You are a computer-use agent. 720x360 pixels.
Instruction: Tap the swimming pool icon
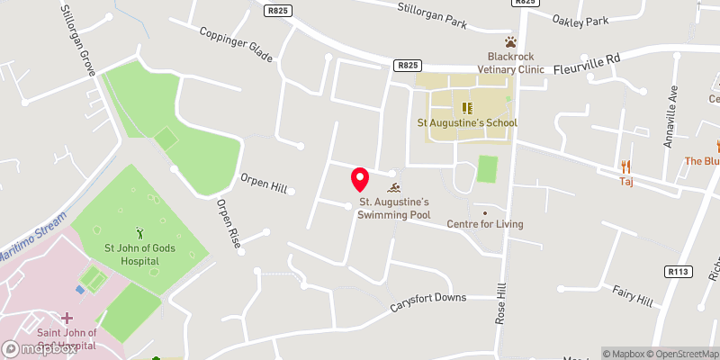pyautogui.click(x=394, y=188)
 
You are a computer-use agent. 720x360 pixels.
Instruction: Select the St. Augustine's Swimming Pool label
pyautogui.click(x=393, y=208)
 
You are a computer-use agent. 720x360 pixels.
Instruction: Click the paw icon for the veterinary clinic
pyautogui.click(x=511, y=41)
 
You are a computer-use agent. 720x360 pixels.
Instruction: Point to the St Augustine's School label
pyautogui.click(x=466, y=122)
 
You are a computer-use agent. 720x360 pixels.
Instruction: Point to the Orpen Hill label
pyautogui.click(x=263, y=184)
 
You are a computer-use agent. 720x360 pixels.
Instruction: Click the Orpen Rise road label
pyautogui.click(x=228, y=222)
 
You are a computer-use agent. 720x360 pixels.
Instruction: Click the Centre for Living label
pyautogui.click(x=485, y=224)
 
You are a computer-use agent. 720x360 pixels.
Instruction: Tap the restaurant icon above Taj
pyautogui.click(x=627, y=166)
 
